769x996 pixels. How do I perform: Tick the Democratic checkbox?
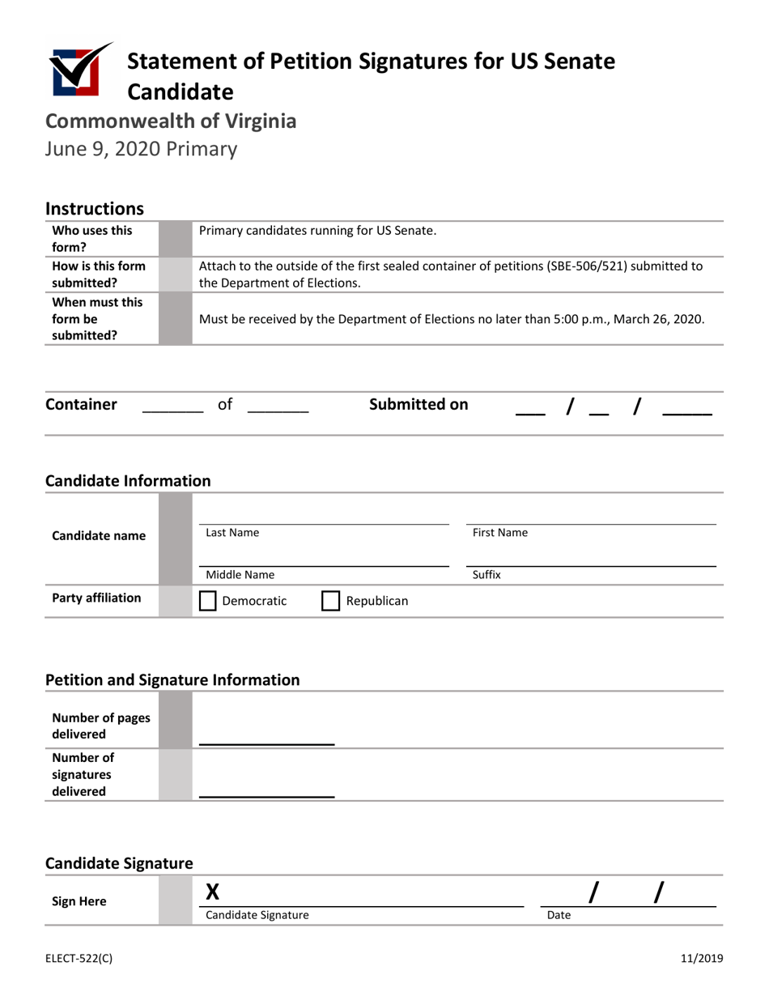[208, 601]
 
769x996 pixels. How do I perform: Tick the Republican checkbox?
[331, 601]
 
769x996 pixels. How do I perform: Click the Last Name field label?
[232, 533]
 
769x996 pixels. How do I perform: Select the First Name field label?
[500, 533]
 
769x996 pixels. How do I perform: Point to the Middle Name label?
[240, 575]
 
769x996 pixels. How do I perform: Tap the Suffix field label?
[486, 575]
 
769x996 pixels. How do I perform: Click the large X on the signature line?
[213, 892]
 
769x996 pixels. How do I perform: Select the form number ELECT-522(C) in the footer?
[79, 959]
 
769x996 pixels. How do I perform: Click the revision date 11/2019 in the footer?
[701, 959]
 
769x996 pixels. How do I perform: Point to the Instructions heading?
[95, 209]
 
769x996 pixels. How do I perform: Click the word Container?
[82, 404]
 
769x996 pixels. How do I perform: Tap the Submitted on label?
[418, 404]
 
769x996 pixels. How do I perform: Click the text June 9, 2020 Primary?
[141, 149]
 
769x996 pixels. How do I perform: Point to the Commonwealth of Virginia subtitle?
[170, 121]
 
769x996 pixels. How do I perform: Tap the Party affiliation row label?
[96, 598]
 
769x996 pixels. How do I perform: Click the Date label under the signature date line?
[559, 915]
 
